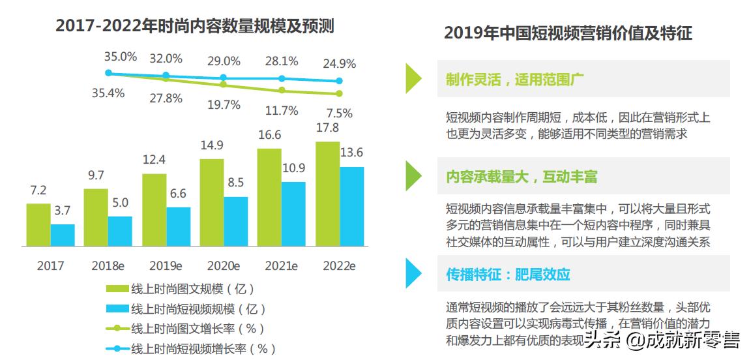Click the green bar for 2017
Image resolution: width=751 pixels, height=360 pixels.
tap(38, 224)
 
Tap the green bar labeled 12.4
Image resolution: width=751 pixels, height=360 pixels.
tap(154, 209)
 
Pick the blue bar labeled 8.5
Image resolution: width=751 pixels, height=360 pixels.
tap(236, 221)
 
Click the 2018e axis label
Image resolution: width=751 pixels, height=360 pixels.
tap(108, 266)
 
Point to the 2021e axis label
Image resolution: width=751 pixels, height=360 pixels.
tap(281, 266)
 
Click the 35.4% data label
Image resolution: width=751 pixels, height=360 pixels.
tap(108, 93)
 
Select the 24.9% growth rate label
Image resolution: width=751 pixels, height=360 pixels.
tap(339, 64)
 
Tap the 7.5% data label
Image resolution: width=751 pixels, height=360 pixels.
tap(339, 113)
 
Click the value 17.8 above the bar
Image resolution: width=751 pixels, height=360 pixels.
tap(327, 128)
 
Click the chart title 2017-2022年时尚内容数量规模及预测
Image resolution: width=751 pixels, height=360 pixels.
tap(195, 26)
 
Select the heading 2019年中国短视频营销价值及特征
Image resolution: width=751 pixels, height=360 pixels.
tap(568, 33)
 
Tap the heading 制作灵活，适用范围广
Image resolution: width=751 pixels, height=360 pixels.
tap(515, 80)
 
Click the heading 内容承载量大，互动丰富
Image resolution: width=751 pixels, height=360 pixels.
tap(522, 177)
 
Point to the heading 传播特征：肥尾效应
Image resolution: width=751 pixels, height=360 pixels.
tap(508, 274)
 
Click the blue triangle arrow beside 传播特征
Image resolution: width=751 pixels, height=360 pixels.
tap(413, 273)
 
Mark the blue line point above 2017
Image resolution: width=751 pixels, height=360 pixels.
tap(109, 73)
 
